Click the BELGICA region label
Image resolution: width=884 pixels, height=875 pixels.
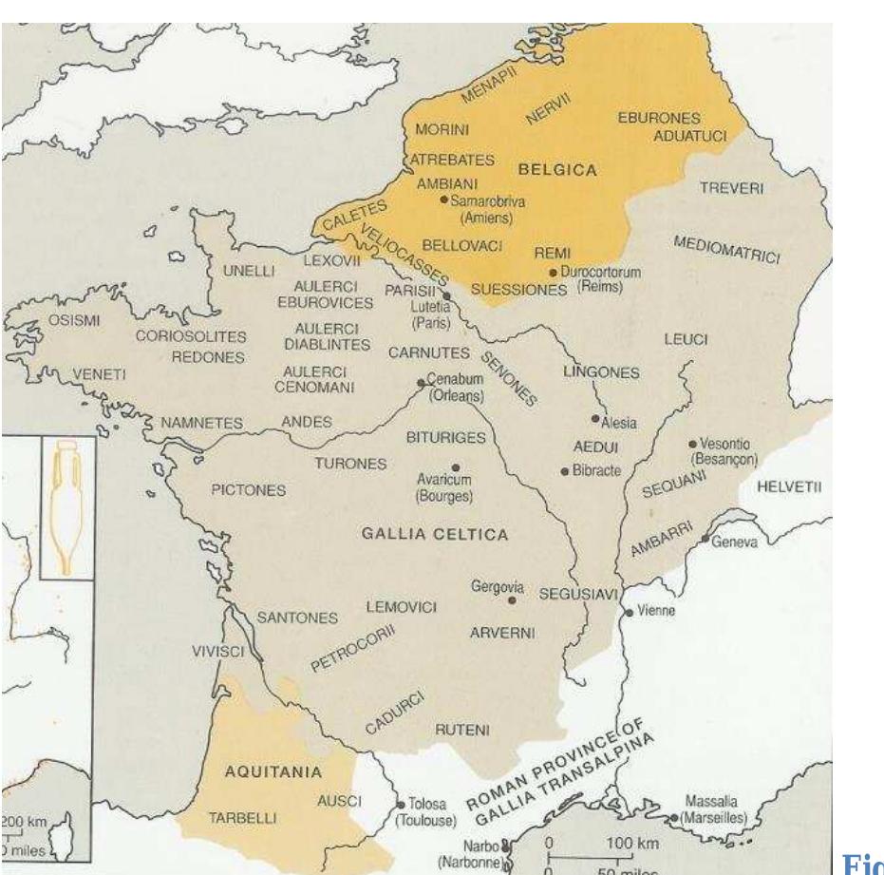(557, 171)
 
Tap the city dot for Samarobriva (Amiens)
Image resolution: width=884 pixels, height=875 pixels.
(444, 200)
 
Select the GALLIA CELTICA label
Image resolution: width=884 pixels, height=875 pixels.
(435, 534)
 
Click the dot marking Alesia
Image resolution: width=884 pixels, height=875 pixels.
(595, 418)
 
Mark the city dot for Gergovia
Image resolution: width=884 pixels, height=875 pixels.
(513, 600)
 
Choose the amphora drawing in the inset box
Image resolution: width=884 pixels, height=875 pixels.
(67, 506)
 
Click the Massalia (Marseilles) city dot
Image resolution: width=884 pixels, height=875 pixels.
(673, 818)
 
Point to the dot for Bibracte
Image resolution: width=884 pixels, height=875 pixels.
(565, 471)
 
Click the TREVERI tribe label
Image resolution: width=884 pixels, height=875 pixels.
(731, 189)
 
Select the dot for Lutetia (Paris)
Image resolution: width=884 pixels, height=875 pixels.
(446, 296)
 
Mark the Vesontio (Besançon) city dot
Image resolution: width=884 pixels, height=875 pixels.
(692, 444)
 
